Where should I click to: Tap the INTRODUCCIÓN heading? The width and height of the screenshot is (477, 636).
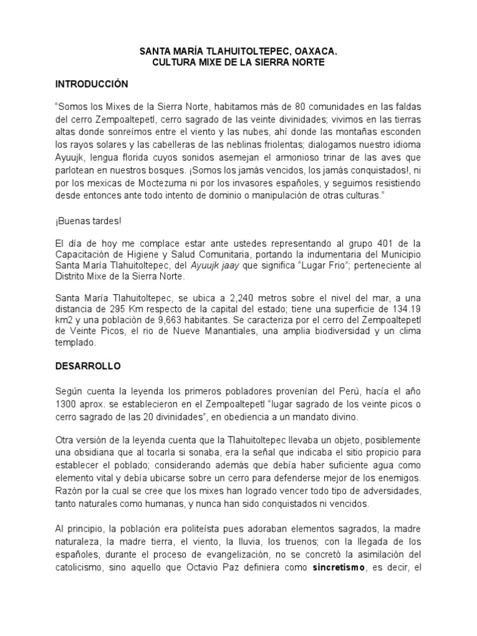click(91, 83)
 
